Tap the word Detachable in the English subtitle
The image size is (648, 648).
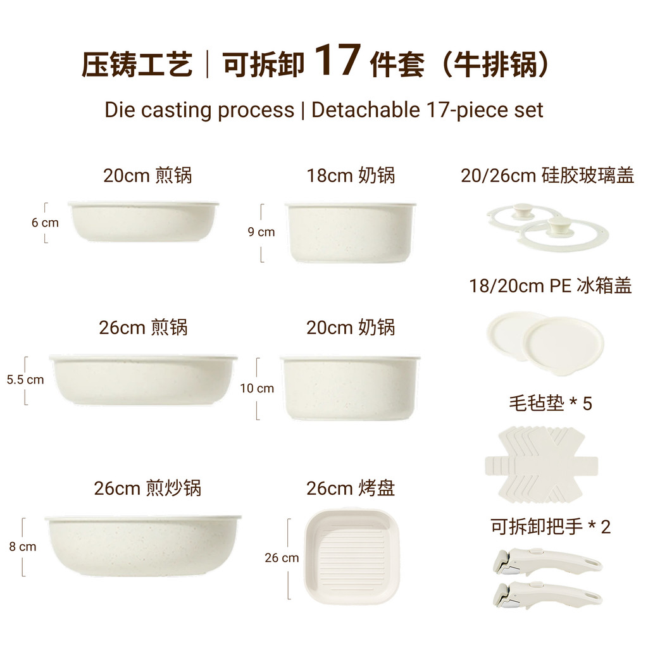365,110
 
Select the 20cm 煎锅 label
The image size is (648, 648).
147,175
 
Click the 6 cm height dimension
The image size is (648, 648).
45,222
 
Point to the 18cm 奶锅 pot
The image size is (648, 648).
351,232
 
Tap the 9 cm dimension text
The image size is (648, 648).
261,232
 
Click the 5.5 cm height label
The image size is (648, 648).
25,380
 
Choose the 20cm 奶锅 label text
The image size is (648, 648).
351,327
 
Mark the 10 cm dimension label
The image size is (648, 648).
257,388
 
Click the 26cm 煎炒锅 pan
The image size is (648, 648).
143,545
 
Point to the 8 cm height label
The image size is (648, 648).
23,546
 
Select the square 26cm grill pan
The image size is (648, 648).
352,557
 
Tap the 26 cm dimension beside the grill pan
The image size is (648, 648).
282,558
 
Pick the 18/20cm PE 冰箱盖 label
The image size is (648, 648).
551,285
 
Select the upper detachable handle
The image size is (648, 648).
547,561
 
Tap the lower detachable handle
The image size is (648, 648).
547,595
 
